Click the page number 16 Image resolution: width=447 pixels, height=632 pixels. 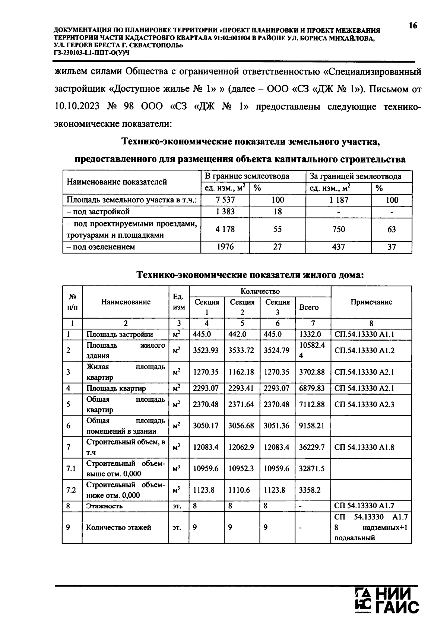tap(413, 26)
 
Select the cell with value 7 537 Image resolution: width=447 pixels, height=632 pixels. tap(225, 200)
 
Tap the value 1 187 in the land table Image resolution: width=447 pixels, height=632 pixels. tap(339, 200)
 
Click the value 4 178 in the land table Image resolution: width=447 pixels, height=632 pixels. tap(225, 229)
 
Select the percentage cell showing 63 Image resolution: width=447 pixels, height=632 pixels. tap(391, 229)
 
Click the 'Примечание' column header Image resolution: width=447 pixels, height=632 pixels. tap(371, 302)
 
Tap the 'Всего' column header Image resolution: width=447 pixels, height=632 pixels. tap(309, 307)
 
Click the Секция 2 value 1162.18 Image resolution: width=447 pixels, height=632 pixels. tap(241, 372)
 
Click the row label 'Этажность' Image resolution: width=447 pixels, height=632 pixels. tap(104, 506)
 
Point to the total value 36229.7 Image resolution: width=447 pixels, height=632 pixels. tap(312, 447)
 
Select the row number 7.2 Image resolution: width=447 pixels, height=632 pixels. tap(71, 490)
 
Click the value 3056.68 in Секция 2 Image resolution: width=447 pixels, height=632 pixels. tap(241, 425)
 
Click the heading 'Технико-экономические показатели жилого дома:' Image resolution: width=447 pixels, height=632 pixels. tap(250, 275)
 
